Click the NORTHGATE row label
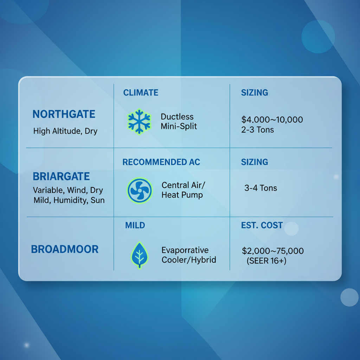click(64, 114)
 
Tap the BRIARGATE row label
click(61, 176)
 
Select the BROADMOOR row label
click(65, 250)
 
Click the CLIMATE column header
click(141, 93)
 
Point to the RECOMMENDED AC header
click(161, 162)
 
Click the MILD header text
click(135, 225)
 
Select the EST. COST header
click(262, 225)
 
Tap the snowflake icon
click(139, 122)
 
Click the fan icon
click(140, 191)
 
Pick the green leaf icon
click(139, 254)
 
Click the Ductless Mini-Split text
click(179, 122)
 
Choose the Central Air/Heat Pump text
click(182, 190)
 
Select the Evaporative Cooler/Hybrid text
click(188, 255)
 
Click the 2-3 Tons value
click(257, 130)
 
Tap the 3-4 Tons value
click(261, 188)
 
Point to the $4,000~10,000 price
click(272, 120)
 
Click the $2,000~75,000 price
click(273, 251)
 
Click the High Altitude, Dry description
click(65, 131)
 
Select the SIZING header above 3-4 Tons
click(255, 162)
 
